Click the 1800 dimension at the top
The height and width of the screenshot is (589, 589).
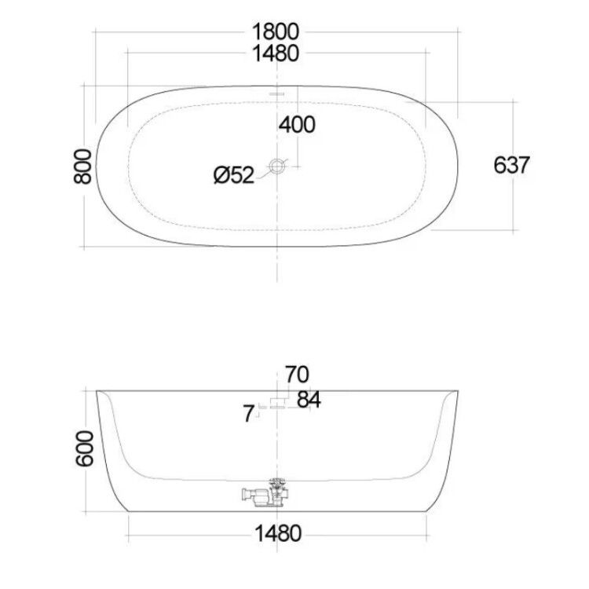click(x=276, y=31)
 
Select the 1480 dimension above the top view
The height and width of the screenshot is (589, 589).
click(x=276, y=53)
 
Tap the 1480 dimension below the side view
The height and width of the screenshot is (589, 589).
click(x=278, y=533)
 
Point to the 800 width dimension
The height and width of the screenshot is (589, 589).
click(x=82, y=166)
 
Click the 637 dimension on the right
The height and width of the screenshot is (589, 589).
click(x=511, y=165)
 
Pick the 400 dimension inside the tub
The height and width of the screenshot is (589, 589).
click(x=297, y=124)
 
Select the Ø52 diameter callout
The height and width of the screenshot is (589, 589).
click(x=234, y=175)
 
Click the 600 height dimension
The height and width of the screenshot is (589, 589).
click(x=85, y=448)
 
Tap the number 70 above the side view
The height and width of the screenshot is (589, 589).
click(x=297, y=374)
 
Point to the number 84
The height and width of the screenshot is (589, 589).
click(x=309, y=399)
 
